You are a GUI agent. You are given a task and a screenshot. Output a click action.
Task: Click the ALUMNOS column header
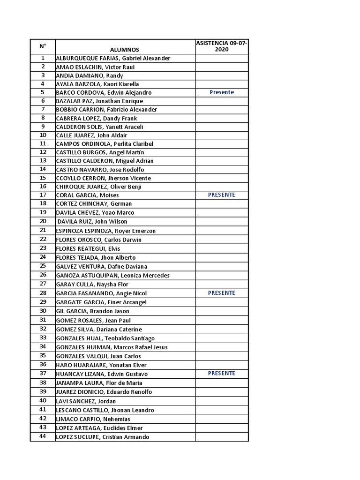(124, 49)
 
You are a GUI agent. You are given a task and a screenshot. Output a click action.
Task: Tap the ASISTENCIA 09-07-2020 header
(222, 46)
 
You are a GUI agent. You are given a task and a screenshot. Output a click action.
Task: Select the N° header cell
(43, 46)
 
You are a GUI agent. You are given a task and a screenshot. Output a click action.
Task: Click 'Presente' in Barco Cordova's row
(222, 92)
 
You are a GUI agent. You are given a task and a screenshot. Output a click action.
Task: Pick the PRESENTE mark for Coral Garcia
(222, 195)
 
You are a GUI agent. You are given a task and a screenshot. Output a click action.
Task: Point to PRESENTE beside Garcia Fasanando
(222, 293)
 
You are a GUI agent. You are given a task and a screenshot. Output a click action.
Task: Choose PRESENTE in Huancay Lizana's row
(222, 374)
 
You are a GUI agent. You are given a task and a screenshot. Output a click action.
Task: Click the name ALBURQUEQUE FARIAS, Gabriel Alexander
(113, 58)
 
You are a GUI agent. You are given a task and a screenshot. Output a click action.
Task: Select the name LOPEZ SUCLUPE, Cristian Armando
(102, 437)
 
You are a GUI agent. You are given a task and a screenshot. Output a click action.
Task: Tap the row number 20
(43, 221)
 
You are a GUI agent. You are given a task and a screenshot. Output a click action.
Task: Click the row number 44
(43, 436)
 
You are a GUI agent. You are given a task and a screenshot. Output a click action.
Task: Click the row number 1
(43, 58)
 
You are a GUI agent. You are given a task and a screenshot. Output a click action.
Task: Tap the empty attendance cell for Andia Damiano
(222, 75)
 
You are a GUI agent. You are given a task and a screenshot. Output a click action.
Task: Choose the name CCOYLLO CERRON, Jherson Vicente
(104, 178)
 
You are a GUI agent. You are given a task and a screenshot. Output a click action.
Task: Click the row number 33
(43, 337)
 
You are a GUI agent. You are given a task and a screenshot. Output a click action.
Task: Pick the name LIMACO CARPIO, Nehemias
(93, 419)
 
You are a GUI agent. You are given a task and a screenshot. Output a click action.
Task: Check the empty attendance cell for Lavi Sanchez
(222, 401)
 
